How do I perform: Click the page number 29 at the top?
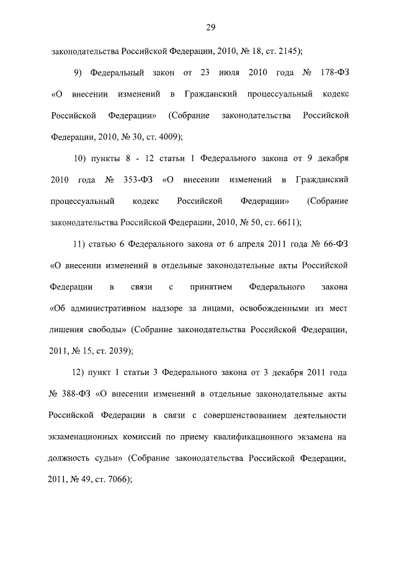pos(210,27)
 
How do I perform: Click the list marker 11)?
pos(81,243)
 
